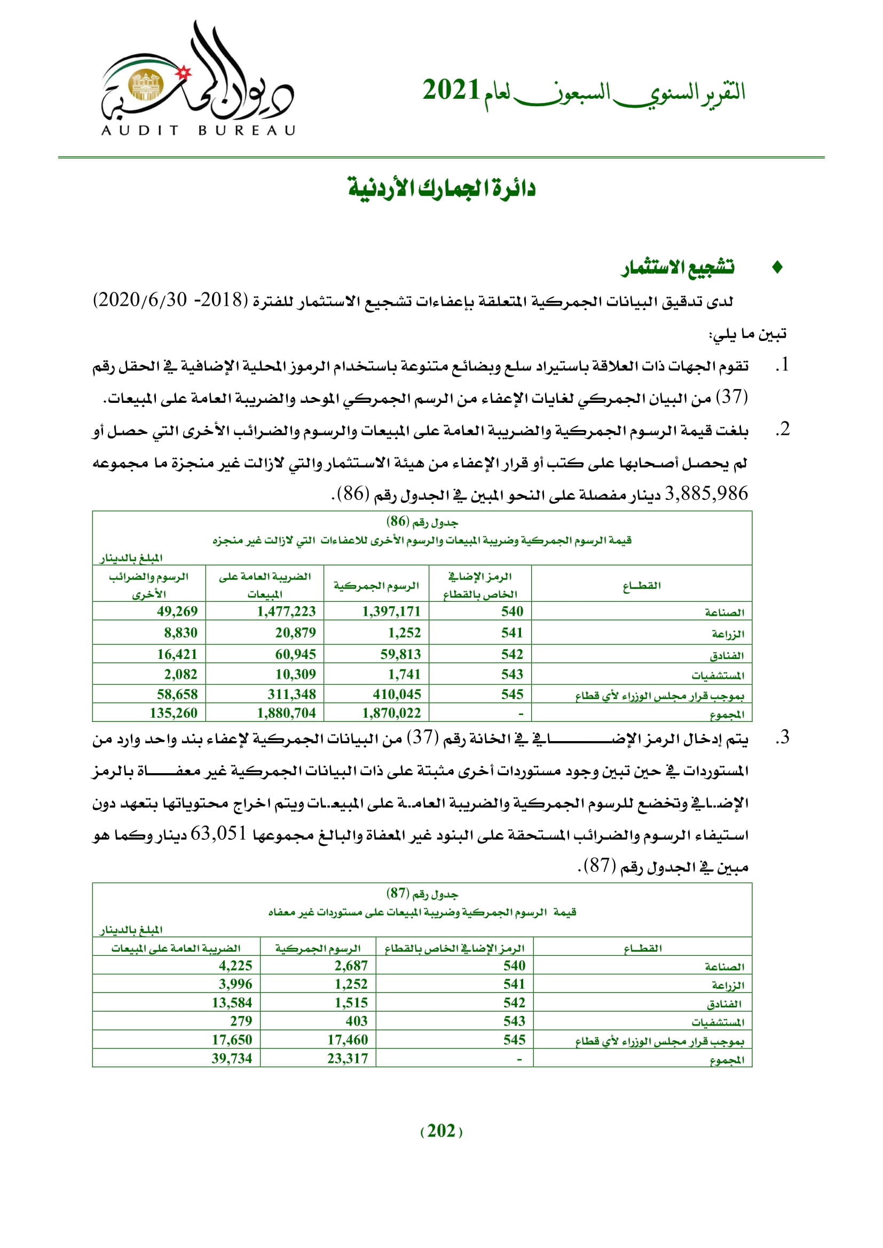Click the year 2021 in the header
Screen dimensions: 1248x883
click(451, 90)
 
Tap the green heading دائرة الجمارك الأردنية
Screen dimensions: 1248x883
click(441, 188)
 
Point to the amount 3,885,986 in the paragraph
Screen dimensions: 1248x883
click(706, 494)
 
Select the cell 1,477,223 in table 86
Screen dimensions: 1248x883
click(287, 611)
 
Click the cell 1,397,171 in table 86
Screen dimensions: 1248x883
click(391, 611)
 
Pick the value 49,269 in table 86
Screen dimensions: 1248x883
click(177, 611)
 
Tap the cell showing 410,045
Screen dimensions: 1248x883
click(397, 694)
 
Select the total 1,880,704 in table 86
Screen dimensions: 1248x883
click(287, 713)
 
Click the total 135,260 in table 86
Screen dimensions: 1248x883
click(174, 713)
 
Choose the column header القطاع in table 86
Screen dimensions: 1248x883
click(642, 585)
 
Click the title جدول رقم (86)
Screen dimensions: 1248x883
click(422, 522)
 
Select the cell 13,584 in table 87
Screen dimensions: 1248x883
click(232, 1003)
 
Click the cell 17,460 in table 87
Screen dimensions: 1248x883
click(348, 1040)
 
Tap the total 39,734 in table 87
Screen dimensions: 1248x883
click(232, 1058)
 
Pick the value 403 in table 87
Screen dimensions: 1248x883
click(357, 1021)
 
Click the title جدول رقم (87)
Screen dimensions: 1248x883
click(422, 894)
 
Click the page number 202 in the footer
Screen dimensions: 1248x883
click(441, 1131)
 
